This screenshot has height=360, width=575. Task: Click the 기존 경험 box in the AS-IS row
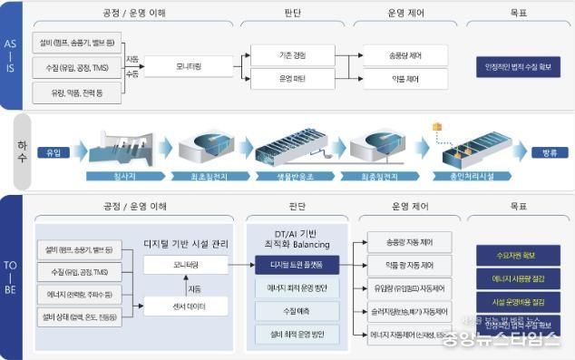point(292,55)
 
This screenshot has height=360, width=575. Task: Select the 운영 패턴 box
point(292,79)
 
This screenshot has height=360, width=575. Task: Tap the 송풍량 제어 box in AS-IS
point(404,55)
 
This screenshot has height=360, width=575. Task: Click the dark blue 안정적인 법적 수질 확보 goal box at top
point(517,66)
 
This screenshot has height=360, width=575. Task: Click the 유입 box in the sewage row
point(54,151)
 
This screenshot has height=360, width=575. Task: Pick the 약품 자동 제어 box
point(408,266)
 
